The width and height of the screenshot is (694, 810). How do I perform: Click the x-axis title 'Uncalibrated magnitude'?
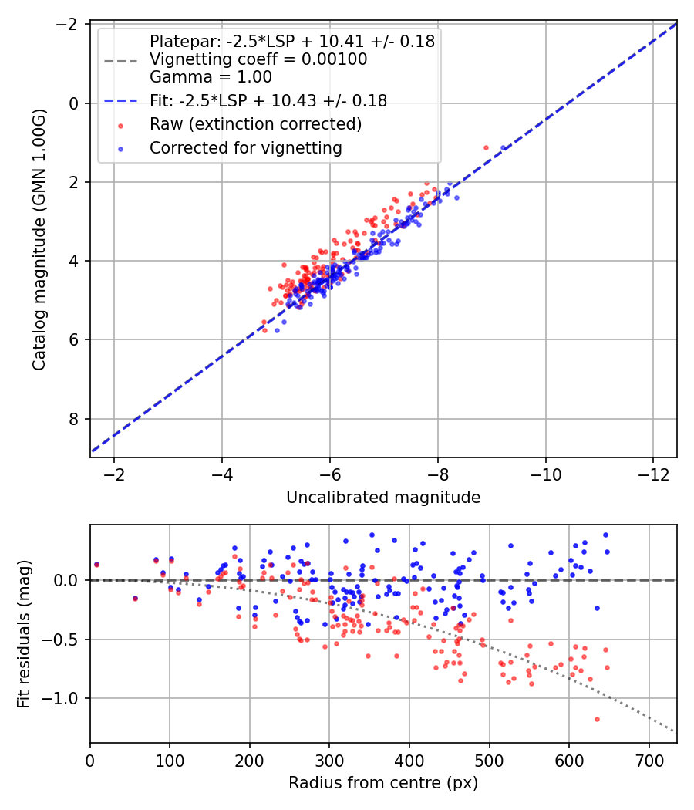[383, 497]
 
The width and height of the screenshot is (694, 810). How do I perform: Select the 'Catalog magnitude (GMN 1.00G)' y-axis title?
[39, 240]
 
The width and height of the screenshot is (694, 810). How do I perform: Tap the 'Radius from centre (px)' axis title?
[383, 783]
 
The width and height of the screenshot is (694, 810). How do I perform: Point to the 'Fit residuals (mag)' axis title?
[24, 634]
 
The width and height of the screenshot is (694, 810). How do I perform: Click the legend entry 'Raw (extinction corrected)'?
[255, 124]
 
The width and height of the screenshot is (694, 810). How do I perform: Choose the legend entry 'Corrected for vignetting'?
[246, 148]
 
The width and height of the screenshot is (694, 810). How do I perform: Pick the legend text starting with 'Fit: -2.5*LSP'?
[268, 100]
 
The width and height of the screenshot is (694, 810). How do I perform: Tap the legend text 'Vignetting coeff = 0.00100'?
[258, 59]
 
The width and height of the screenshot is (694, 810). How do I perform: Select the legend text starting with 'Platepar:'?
[292, 42]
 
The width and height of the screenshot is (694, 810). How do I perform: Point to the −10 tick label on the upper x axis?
[545, 474]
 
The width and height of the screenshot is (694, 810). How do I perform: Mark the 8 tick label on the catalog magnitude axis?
[74, 419]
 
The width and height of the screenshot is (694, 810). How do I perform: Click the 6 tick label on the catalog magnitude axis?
[74, 340]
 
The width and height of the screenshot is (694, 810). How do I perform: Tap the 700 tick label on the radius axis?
[649, 761]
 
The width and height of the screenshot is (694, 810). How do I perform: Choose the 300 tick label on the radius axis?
[329, 761]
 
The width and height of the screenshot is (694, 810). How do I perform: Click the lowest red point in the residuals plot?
[597, 719]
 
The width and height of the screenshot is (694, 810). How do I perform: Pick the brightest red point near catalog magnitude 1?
[486, 148]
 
